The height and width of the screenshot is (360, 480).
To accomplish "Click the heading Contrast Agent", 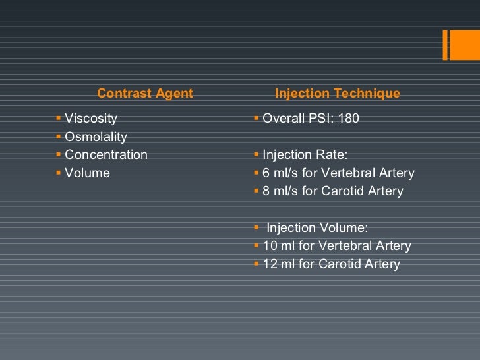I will tap(144, 94).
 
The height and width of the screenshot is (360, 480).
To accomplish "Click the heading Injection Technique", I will tap(337, 94).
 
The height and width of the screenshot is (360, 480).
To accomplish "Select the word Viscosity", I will tap(91, 119).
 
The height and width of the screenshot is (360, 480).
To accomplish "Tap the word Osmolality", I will tap(96, 137).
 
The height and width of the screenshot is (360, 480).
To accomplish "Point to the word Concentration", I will tap(106, 155).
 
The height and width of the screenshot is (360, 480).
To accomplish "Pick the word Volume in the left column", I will tap(87, 173).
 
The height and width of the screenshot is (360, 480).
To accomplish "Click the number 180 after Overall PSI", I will tap(348, 119).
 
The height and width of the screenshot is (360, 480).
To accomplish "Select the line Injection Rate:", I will tap(305, 155).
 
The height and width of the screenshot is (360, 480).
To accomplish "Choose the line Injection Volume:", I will tap(316, 228).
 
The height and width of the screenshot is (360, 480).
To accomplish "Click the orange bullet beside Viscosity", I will tap(59, 119).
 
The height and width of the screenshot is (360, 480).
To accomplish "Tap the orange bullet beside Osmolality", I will tap(59, 136).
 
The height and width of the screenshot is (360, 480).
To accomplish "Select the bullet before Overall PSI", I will tap(256, 119).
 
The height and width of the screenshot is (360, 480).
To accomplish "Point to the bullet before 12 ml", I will tap(256, 264).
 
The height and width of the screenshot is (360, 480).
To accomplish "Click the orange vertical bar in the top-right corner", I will tap(446, 44).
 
